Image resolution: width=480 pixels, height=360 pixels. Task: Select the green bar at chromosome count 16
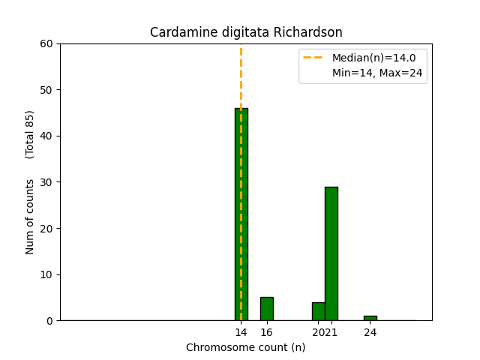click(266, 309)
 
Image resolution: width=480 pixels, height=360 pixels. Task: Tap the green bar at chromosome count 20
click(318, 311)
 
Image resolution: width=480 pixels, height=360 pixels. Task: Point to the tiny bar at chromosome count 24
click(370, 318)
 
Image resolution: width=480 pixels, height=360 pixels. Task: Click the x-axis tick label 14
click(241, 332)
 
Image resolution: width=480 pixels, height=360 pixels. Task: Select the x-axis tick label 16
click(266, 332)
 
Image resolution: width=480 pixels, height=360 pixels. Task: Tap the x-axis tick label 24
click(370, 332)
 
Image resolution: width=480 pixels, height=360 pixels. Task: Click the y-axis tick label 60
click(47, 43)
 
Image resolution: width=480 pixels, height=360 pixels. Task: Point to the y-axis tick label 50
click(47, 90)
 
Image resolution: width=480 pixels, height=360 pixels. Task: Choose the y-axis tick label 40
click(47, 136)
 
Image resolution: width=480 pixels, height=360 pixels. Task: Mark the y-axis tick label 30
click(47, 182)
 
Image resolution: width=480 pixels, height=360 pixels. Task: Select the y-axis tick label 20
click(47, 228)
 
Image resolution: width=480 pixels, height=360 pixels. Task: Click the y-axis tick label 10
click(47, 274)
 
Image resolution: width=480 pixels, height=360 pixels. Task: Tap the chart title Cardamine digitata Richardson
click(246, 32)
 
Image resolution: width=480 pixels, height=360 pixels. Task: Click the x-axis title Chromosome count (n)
click(246, 347)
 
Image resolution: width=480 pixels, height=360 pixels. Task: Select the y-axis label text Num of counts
click(31, 217)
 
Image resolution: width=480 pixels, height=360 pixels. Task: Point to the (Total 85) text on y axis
click(31, 135)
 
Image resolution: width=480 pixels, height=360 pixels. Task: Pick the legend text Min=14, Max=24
click(379, 73)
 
